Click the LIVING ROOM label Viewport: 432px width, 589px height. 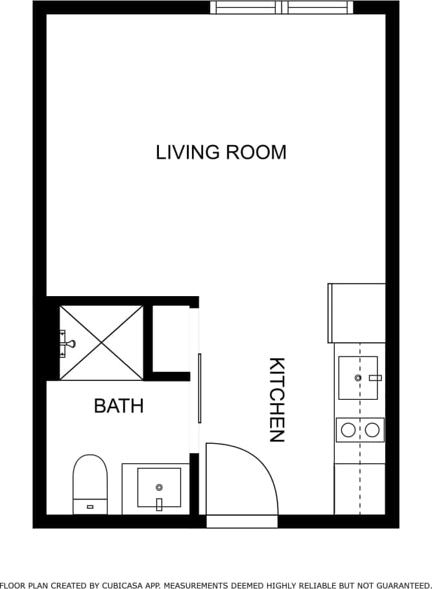point(221,152)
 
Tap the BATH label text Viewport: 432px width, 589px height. point(119,406)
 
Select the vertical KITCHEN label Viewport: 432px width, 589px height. point(277,399)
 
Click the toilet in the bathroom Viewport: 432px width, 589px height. point(90,483)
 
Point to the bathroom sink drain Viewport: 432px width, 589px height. point(158,487)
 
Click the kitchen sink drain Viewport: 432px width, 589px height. point(357,377)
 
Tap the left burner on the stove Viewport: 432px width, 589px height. point(348,430)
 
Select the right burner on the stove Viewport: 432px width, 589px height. point(372,430)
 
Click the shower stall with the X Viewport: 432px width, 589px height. point(101,342)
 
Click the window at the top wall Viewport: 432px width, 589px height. point(282,7)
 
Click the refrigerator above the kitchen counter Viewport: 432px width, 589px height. point(357,313)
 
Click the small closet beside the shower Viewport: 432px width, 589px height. point(171,339)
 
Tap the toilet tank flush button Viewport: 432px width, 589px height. point(90,506)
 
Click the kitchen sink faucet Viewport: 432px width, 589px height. point(375,377)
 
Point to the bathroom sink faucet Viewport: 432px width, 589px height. point(159,503)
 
